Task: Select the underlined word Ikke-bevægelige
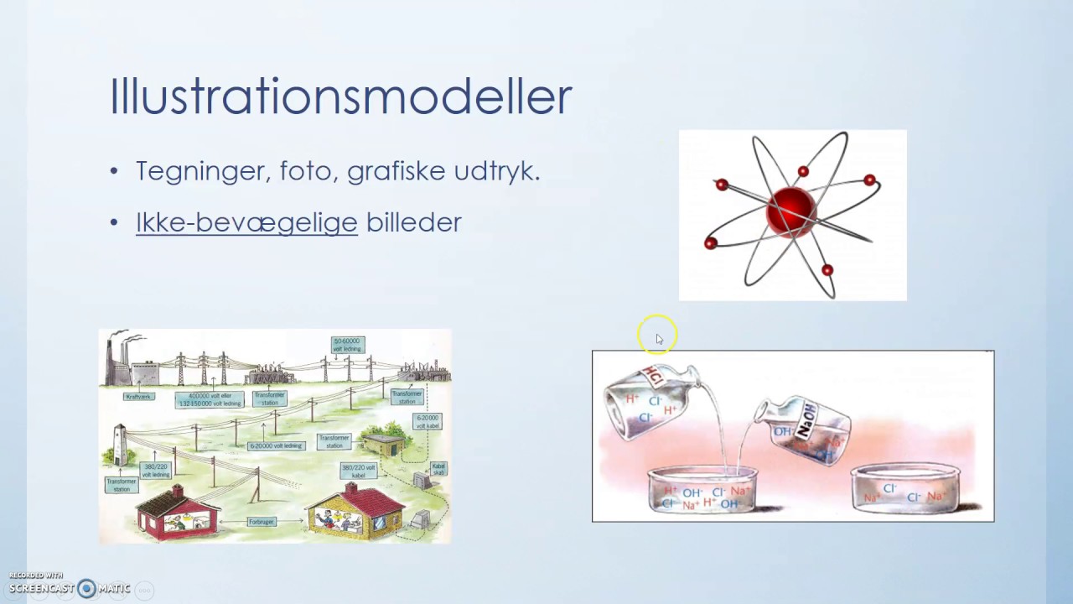246,222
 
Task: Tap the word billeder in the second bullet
413,222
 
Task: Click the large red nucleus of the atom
790,211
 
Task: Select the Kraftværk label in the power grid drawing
138,396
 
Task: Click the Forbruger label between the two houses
262,522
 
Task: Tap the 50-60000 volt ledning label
348,345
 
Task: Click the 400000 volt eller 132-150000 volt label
210,399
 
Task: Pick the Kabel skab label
438,469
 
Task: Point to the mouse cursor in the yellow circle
658,338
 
